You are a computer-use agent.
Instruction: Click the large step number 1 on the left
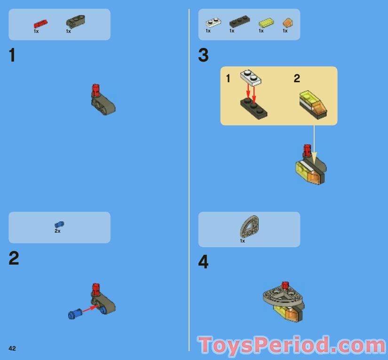click(12, 55)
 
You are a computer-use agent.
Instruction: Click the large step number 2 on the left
click(14, 258)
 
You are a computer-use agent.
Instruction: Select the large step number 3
click(203, 55)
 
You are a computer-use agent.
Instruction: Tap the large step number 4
click(203, 262)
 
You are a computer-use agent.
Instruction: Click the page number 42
click(12, 348)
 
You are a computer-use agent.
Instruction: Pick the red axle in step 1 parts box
click(40, 24)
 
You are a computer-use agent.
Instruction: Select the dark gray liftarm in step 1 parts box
click(75, 21)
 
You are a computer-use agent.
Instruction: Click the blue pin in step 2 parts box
click(59, 225)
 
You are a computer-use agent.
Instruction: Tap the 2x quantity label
click(57, 231)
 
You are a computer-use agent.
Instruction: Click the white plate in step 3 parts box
click(214, 22)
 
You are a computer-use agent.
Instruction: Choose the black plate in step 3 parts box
click(239, 22)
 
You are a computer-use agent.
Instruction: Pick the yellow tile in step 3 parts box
click(266, 22)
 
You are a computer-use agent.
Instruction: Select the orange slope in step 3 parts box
click(287, 23)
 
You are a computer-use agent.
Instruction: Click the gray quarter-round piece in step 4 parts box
click(249, 226)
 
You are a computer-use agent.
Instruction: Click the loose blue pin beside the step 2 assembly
click(75, 314)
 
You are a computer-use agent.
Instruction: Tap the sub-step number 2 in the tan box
click(297, 78)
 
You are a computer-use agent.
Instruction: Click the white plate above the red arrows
click(251, 78)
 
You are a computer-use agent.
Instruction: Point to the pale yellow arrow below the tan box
click(314, 145)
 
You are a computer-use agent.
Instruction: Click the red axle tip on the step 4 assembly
click(285, 285)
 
